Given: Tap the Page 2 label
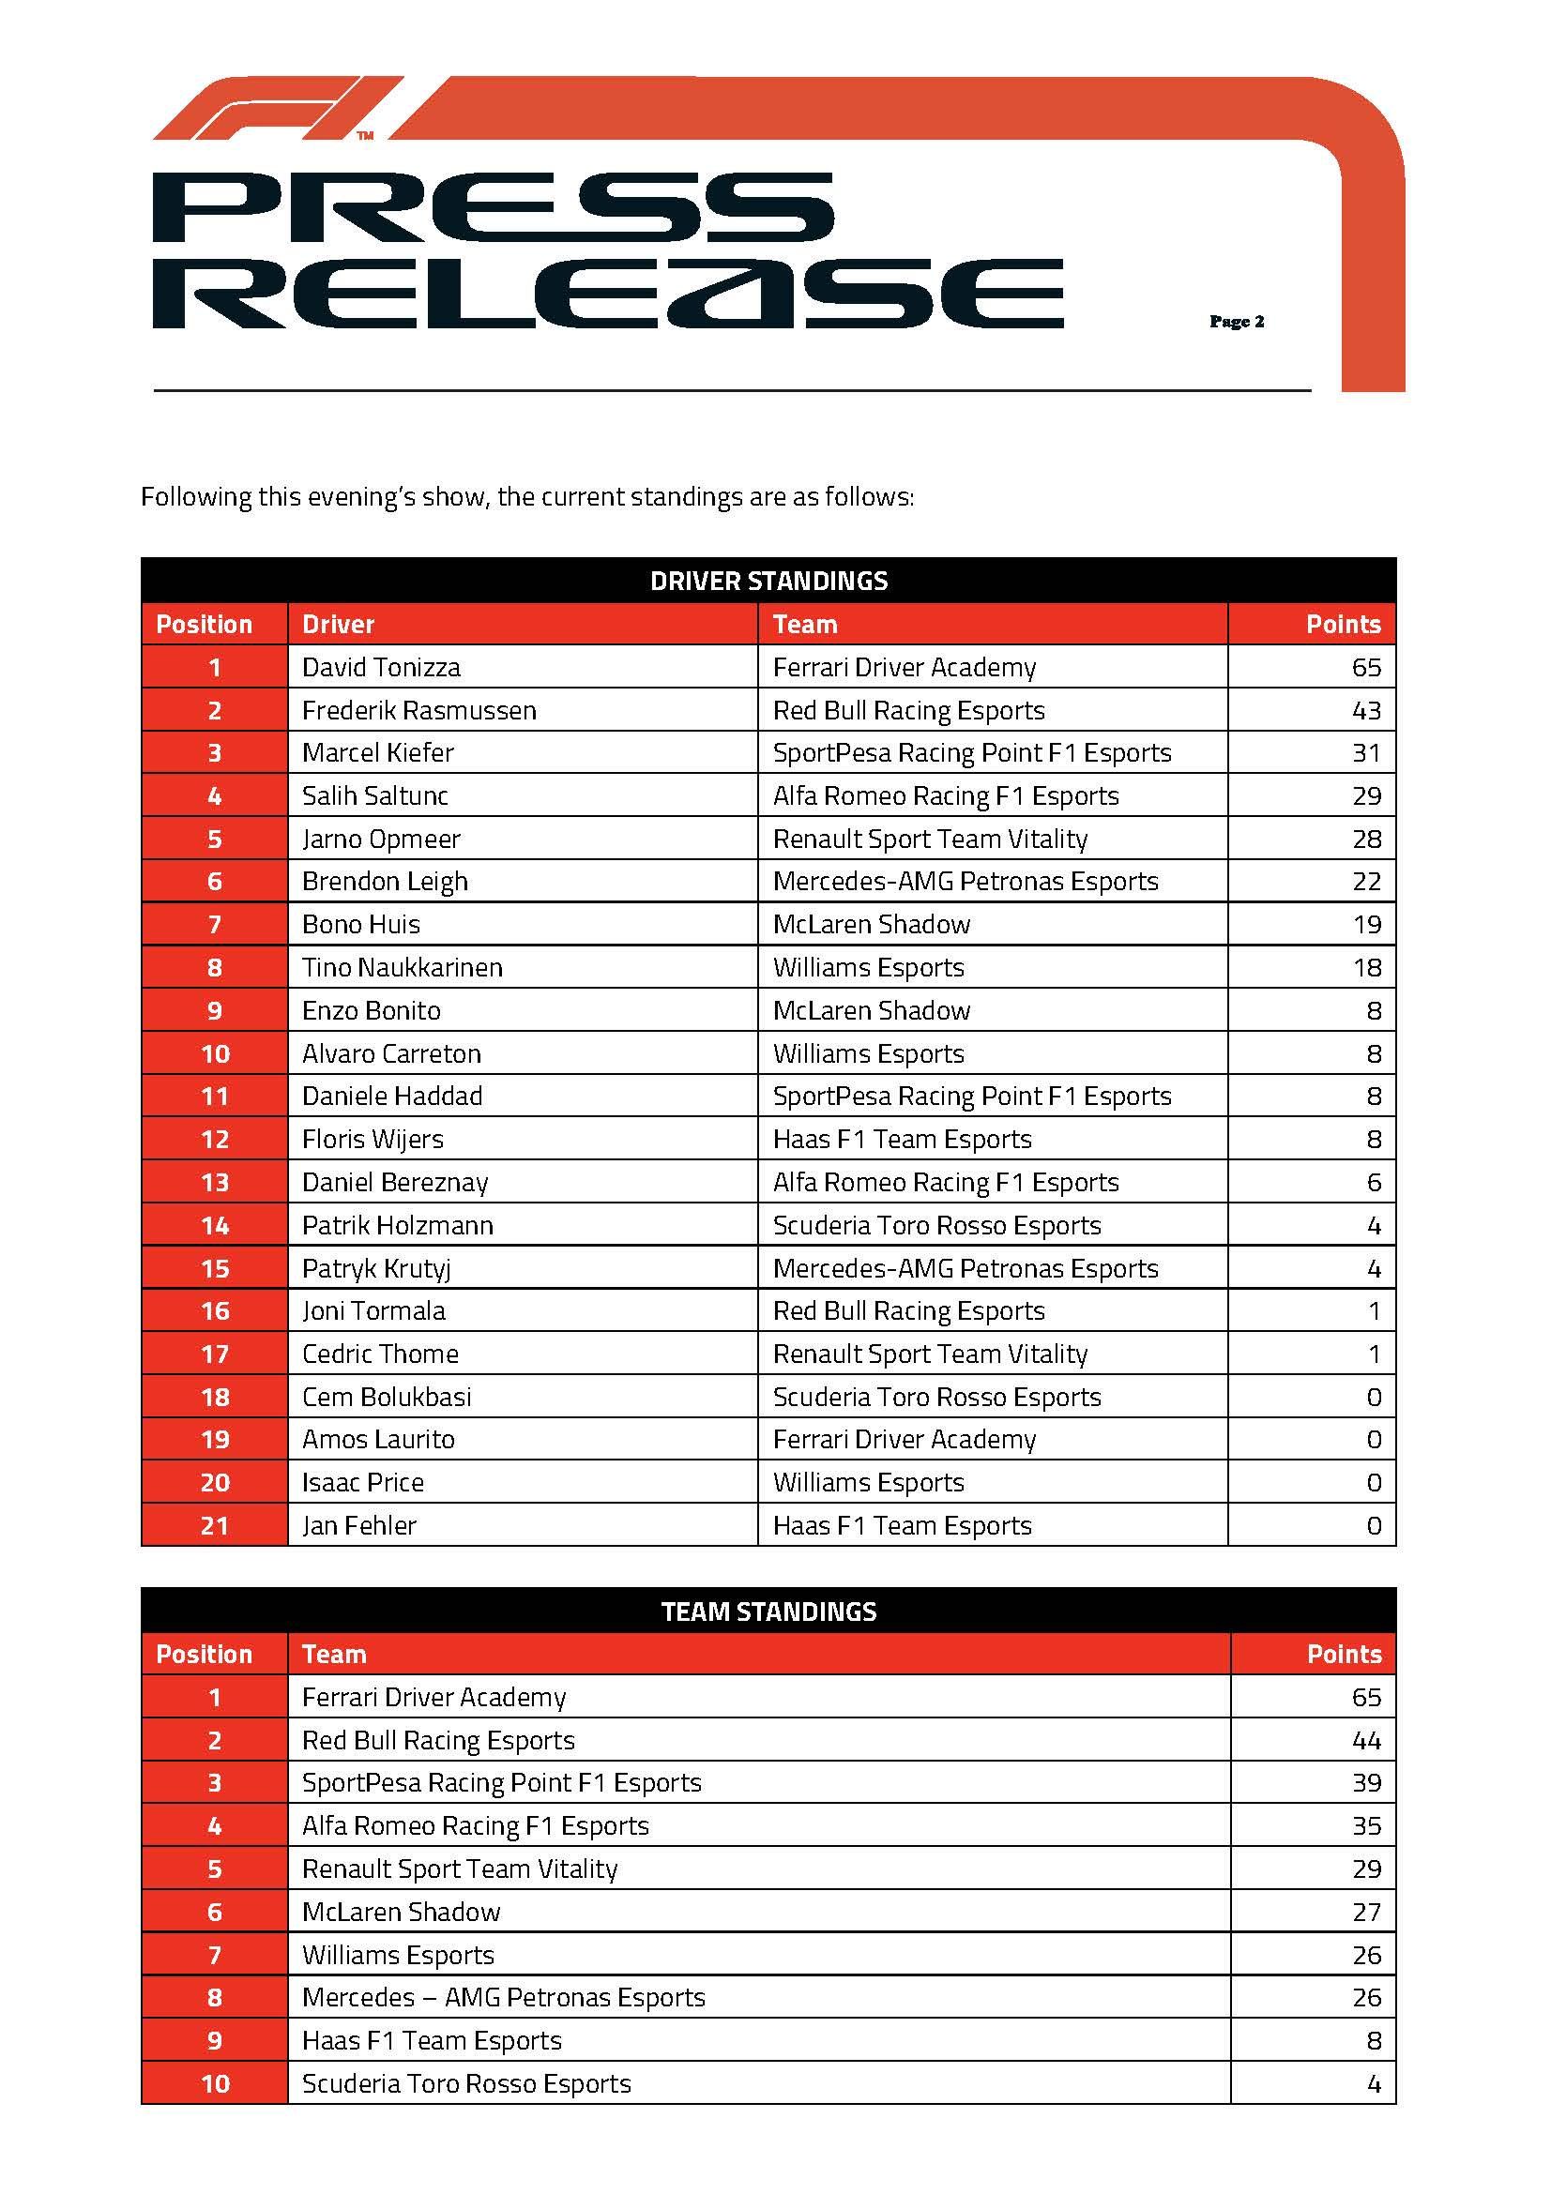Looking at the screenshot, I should pos(1237,322).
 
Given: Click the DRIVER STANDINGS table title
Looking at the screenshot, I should pos(768,581).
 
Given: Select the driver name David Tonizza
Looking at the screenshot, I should pos(380,667).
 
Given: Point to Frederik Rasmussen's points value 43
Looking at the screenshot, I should pos(1365,710).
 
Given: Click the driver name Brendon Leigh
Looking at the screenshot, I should pos(384,881).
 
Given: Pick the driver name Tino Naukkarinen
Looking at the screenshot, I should pos(402,967).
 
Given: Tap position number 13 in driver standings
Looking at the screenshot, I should pos(214,1182).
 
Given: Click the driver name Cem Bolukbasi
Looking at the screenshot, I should pos(386,1397).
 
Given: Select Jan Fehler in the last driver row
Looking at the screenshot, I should pos(358,1525).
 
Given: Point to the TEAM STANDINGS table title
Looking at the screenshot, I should pos(768,1611).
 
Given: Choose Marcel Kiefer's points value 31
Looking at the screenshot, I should pos(1365,753).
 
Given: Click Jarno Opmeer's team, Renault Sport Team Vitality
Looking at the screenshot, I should pos(930,839).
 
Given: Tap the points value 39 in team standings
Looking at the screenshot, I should pos(1365,1782).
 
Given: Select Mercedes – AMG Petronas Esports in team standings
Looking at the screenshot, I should pos(503,1997).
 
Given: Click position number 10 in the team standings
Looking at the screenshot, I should pos(214,2083).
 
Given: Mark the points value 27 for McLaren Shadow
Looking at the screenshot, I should pos(1365,1911).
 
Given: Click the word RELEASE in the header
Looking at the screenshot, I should pos(607,294).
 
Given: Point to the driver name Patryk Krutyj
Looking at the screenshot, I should pos(375,1268).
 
